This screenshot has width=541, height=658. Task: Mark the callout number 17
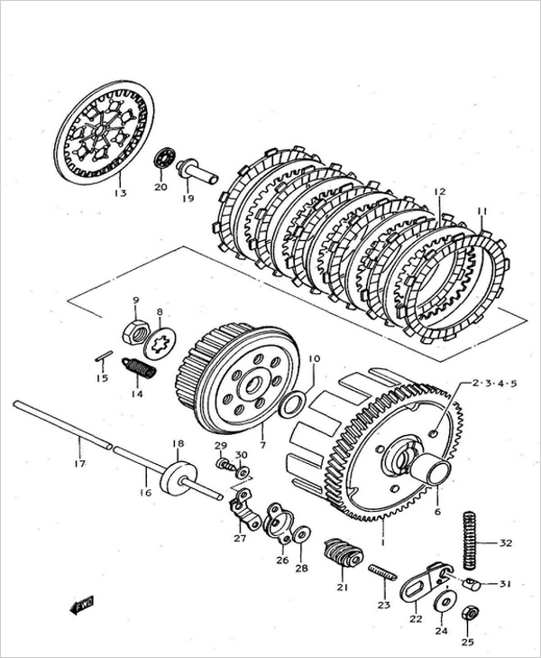[78, 465]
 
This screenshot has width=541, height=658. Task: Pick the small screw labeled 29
[224, 464]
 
